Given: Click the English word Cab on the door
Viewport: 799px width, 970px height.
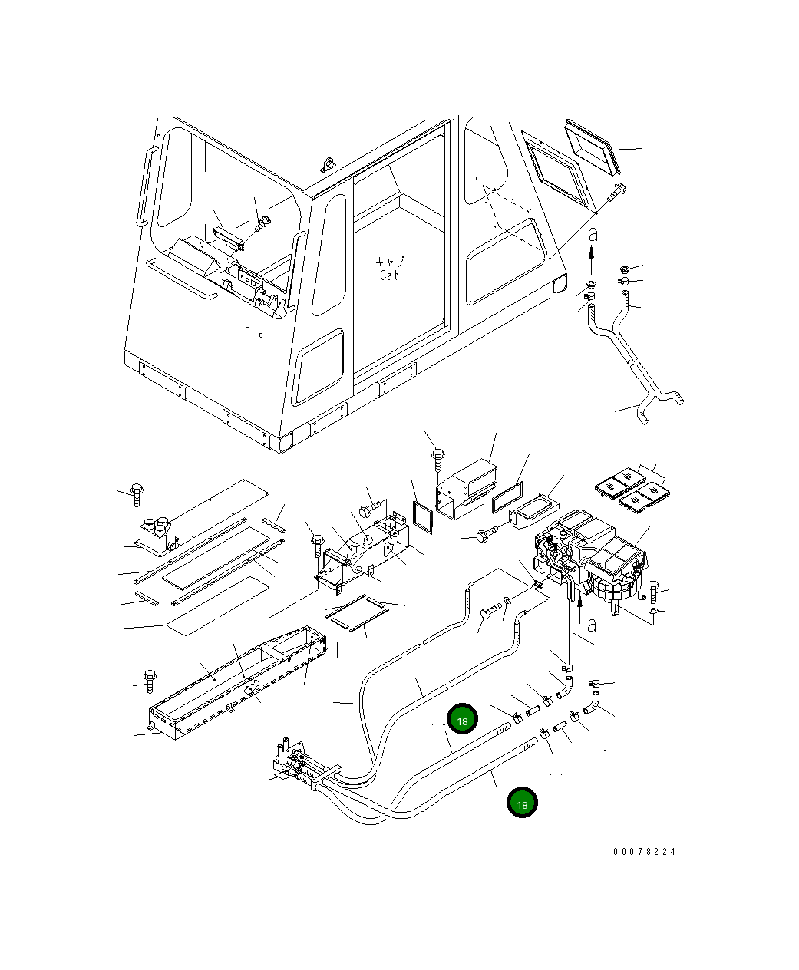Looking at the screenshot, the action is point(389,275).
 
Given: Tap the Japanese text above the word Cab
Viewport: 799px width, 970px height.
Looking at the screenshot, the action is point(389,262).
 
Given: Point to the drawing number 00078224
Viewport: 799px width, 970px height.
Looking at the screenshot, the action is point(644,852).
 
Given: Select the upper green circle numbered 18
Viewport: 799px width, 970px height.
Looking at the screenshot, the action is point(462,719).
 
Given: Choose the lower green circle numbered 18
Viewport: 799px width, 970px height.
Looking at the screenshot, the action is point(522,802).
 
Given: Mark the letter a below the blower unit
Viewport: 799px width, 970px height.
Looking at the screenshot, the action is point(591,625).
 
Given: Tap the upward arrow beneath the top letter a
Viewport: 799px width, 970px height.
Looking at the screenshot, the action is point(591,260).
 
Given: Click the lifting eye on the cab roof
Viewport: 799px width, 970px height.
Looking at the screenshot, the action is point(329,164).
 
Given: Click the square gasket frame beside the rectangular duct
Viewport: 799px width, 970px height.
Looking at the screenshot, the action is point(422,516).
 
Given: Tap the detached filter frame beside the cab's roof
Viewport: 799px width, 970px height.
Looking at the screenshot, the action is point(593,147).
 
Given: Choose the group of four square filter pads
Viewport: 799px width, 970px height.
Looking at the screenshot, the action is point(632,490).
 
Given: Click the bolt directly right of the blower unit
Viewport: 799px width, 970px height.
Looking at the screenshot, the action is point(653,590).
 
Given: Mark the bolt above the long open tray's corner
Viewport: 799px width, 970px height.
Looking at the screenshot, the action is point(150,681).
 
